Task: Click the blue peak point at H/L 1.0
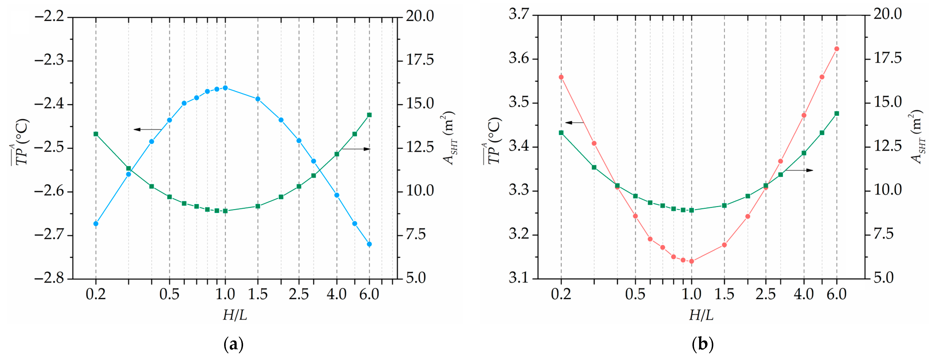(225, 88)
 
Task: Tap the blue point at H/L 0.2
(96, 223)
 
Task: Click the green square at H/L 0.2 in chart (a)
(96, 134)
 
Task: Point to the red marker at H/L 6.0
(837, 49)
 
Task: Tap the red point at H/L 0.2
(561, 77)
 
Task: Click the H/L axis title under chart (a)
(235, 315)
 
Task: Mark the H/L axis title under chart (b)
(701, 315)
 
